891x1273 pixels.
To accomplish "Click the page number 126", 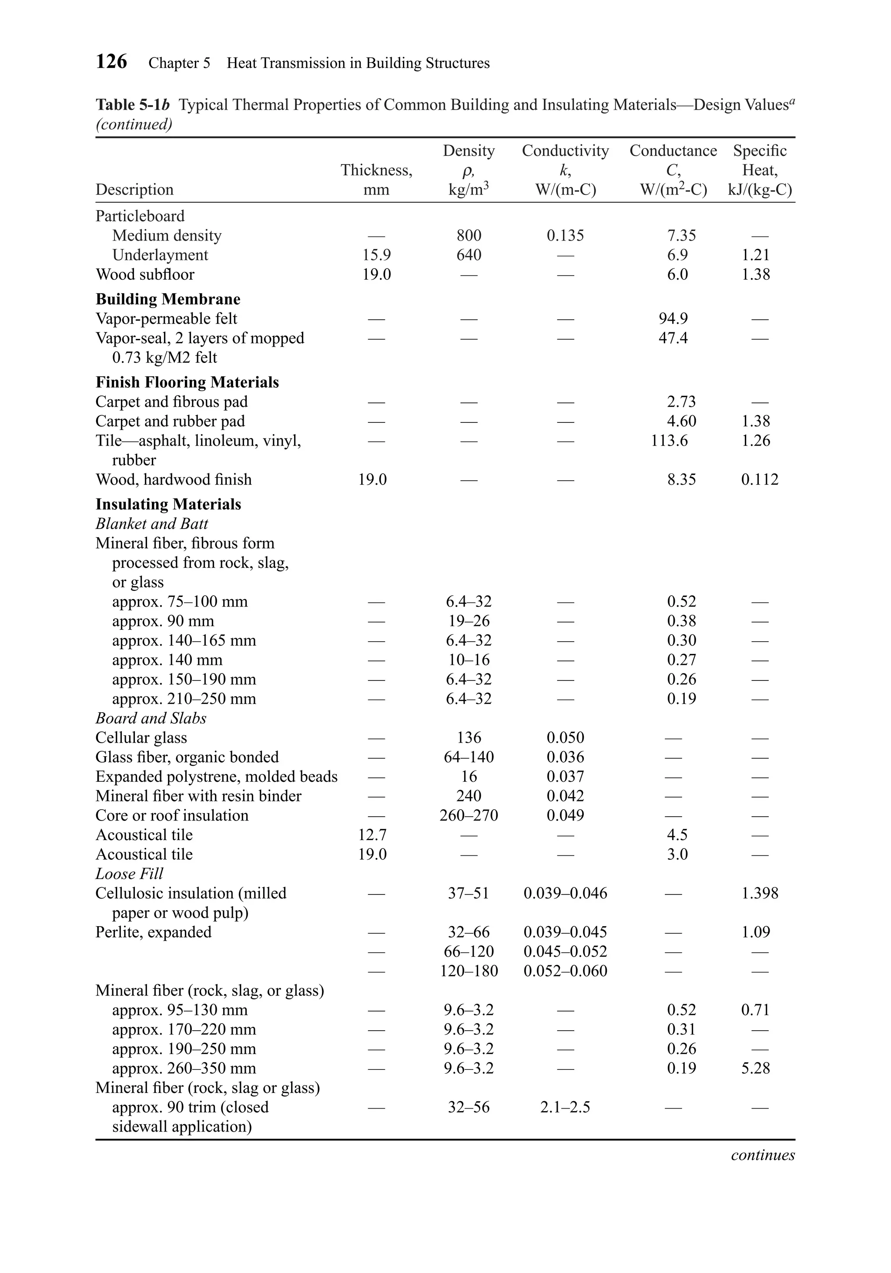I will click(x=111, y=61).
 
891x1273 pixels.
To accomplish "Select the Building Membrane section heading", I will click(x=168, y=299).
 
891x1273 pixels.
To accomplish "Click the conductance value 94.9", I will click(x=673, y=319).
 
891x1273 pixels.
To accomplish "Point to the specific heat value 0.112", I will click(x=760, y=479).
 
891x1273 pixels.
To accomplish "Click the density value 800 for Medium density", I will click(x=469, y=236).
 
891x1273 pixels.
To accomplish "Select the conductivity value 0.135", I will click(x=565, y=236).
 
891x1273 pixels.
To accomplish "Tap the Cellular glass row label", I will click(x=141, y=738).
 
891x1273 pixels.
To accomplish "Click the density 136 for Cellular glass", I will click(x=469, y=738).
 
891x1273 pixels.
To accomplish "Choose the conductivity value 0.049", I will click(x=565, y=816).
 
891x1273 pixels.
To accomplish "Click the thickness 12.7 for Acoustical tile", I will click(x=372, y=835).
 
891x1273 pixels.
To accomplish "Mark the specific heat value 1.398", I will click(x=760, y=893).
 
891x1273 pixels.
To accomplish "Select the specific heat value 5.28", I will click(x=756, y=1069).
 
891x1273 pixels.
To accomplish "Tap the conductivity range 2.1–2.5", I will click(x=565, y=1107).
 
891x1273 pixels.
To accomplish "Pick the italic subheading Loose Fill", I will click(x=129, y=874).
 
